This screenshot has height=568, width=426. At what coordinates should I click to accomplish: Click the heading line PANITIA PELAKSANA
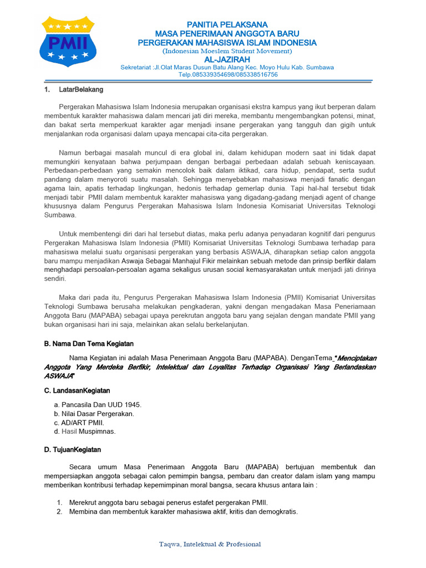pyautogui.click(x=227, y=24)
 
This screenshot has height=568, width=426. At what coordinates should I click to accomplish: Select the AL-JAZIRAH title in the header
pyautogui.click(x=227, y=59)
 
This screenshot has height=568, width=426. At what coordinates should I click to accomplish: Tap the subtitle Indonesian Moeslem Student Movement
pyautogui.click(x=227, y=51)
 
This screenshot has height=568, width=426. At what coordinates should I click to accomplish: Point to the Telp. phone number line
pyautogui.click(x=227, y=74)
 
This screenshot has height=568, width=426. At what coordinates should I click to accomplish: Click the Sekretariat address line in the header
pyautogui.click(x=227, y=67)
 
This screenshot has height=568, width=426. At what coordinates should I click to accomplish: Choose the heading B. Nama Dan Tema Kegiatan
pyautogui.click(x=89, y=344)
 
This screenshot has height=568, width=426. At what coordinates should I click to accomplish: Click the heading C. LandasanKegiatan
pyautogui.click(x=77, y=391)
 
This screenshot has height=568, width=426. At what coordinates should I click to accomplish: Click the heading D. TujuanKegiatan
pyautogui.click(x=73, y=450)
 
